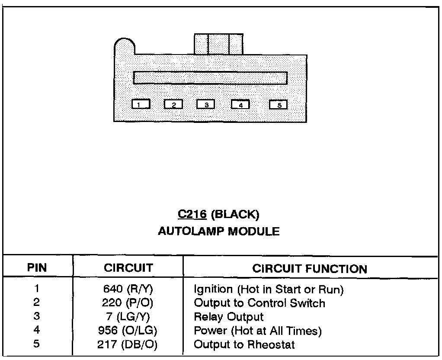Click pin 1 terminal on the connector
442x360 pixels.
pyautogui.click(x=141, y=104)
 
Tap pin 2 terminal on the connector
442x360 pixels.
pyautogui.click(x=173, y=104)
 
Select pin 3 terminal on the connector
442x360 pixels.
pyautogui.click(x=206, y=104)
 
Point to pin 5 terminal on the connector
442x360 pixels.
pyautogui.click(x=279, y=104)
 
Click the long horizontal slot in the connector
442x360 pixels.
pyautogui.click(x=210, y=77)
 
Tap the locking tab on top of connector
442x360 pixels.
pyautogui.click(x=218, y=44)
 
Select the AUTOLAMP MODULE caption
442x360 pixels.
pyautogui.click(x=218, y=231)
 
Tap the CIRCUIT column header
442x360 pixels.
pyautogui.click(x=128, y=268)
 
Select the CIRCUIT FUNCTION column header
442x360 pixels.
pyautogui.click(x=309, y=268)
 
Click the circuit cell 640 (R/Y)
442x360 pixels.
pyautogui.click(x=128, y=289)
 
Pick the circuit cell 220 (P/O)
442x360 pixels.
pyautogui.click(x=128, y=303)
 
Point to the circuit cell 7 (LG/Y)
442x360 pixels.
pyautogui.click(x=128, y=317)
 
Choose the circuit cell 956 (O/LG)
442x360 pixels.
pyautogui.click(x=128, y=331)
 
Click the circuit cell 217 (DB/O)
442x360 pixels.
pyautogui.click(x=128, y=345)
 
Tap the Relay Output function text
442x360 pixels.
pyautogui.click(x=228, y=317)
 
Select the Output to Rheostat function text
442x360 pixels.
pyautogui.click(x=244, y=345)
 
